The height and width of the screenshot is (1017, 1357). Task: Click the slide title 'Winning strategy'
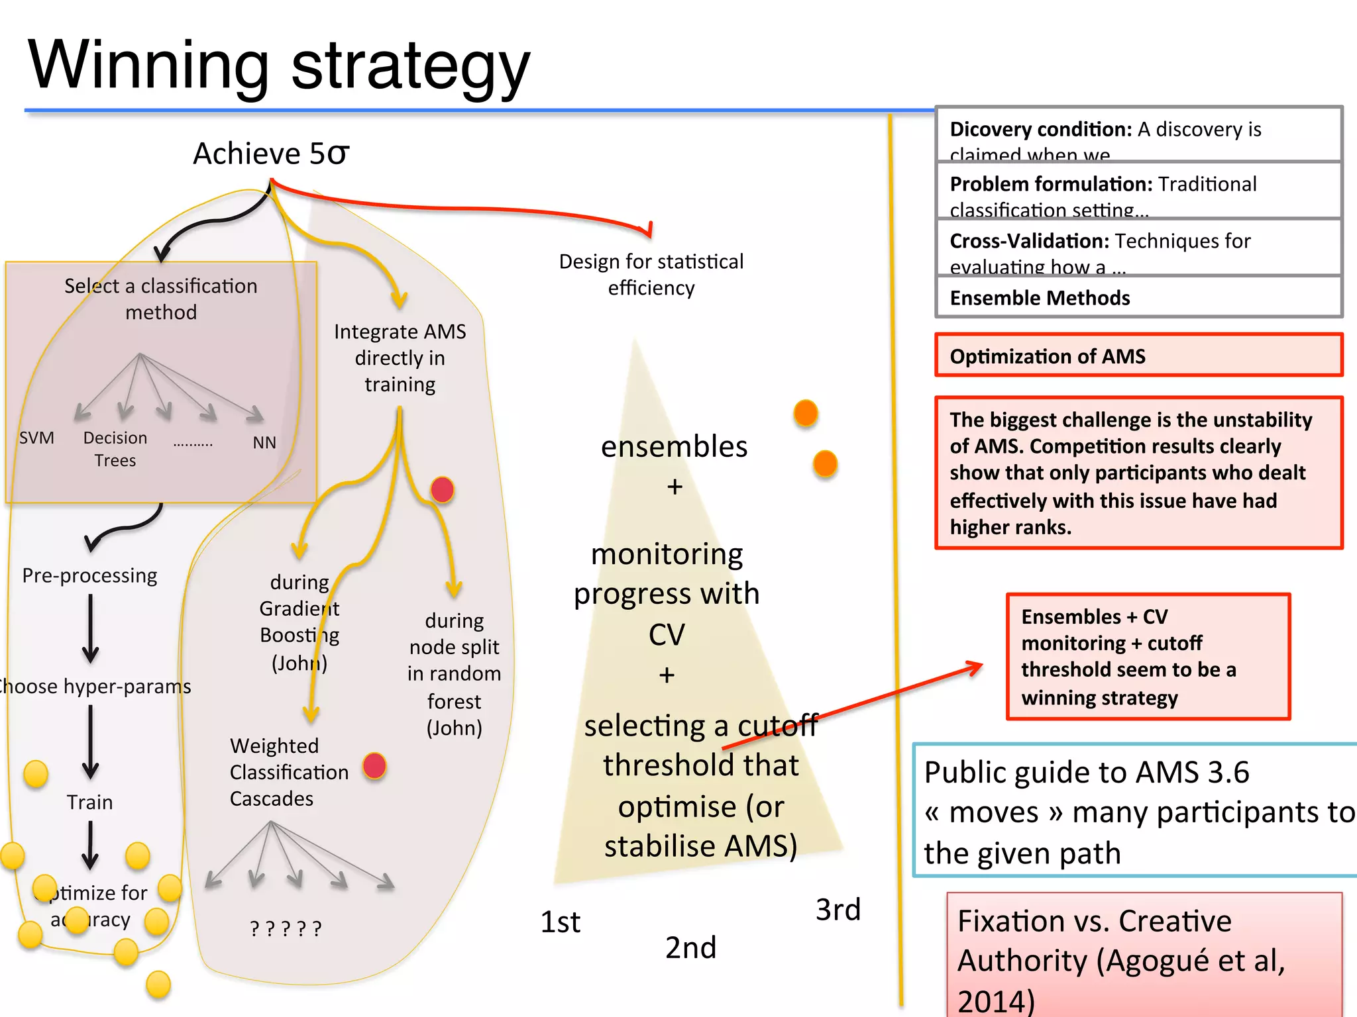(278, 66)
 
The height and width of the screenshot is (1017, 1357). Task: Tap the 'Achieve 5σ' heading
(271, 154)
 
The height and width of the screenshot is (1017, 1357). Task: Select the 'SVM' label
(36, 438)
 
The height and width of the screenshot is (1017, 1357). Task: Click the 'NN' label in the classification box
(264, 442)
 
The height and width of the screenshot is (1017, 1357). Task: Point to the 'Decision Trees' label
(115, 449)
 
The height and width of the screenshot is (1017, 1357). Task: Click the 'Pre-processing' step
(89, 575)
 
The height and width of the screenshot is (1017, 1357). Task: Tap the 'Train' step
(89, 802)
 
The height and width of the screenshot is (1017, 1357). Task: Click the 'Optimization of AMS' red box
(1138, 356)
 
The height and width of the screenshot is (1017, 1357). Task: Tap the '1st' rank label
(560, 922)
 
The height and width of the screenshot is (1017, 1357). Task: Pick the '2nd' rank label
(690, 947)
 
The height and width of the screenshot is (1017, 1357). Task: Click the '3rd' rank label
(838, 910)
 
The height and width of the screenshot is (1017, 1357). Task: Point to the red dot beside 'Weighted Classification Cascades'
(374, 766)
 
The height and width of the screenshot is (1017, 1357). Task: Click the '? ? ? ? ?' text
(286, 928)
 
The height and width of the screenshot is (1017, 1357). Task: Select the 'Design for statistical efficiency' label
(651, 275)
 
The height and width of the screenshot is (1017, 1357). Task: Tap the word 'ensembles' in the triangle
(674, 447)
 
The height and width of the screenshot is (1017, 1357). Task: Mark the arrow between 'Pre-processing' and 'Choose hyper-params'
(91, 629)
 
